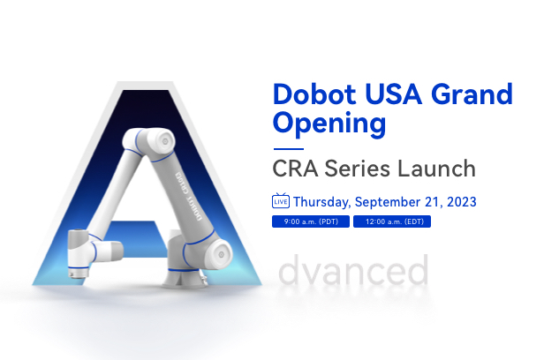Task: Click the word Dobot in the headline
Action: tap(314, 94)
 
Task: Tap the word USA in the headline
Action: tap(394, 94)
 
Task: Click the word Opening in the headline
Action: tap(329, 124)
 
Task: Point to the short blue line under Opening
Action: tap(289, 149)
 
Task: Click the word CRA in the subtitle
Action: tap(295, 169)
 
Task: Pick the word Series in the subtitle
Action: tap(358, 169)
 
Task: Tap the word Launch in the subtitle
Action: tap(436, 169)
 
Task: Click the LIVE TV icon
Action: tap(281, 200)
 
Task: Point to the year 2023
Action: tap(461, 202)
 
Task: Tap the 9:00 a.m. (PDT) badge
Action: tap(311, 221)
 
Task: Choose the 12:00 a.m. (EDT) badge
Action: tap(392, 221)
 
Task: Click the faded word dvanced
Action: tap(353, 270)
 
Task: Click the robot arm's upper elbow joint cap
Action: tap(164, 141)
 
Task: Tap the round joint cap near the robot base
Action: tap(221, 254)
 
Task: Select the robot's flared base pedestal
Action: tap(184, 278)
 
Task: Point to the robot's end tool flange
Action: tap(77, 273)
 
